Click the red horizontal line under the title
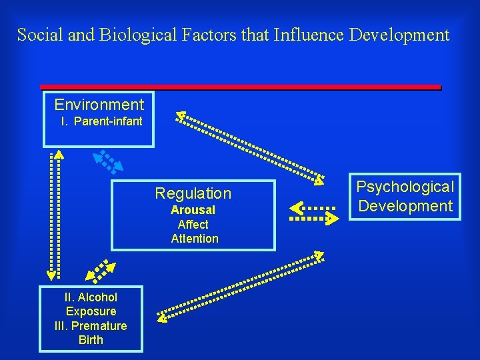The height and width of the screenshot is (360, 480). click(240, 87)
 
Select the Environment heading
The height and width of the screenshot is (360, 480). click(99, 105)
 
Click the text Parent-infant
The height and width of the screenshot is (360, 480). click(108, 121)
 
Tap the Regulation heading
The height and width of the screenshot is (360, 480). click(193, 194)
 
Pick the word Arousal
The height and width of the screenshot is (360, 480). click(193, 210)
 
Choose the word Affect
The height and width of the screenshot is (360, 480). click(193, 225)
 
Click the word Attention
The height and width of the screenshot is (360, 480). click(195, 239)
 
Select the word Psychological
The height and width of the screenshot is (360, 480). click(405, 187)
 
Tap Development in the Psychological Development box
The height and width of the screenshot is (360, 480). click(405, 206)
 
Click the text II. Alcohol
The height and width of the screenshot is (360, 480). click(91, 297)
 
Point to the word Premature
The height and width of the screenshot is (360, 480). click(99, 326)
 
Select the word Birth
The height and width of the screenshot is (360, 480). click(91, 340)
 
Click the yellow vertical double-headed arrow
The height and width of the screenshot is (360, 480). click(54, 213)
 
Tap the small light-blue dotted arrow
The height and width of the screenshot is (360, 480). click(107, 161)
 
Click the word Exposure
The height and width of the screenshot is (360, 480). click(91, 311)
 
